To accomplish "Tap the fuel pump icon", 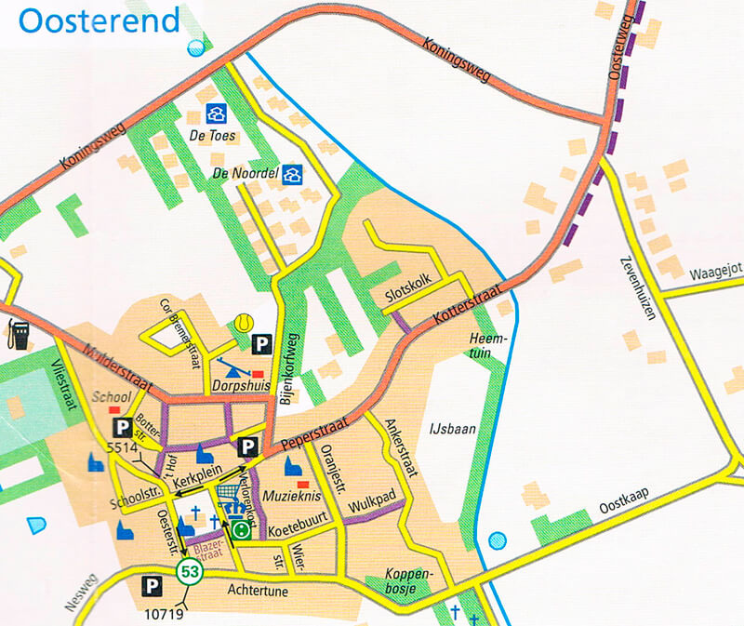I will [17, 332].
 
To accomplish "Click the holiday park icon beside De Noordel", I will [293, 174].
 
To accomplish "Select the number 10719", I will [162, 613].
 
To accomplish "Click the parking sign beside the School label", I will [122, 427].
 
